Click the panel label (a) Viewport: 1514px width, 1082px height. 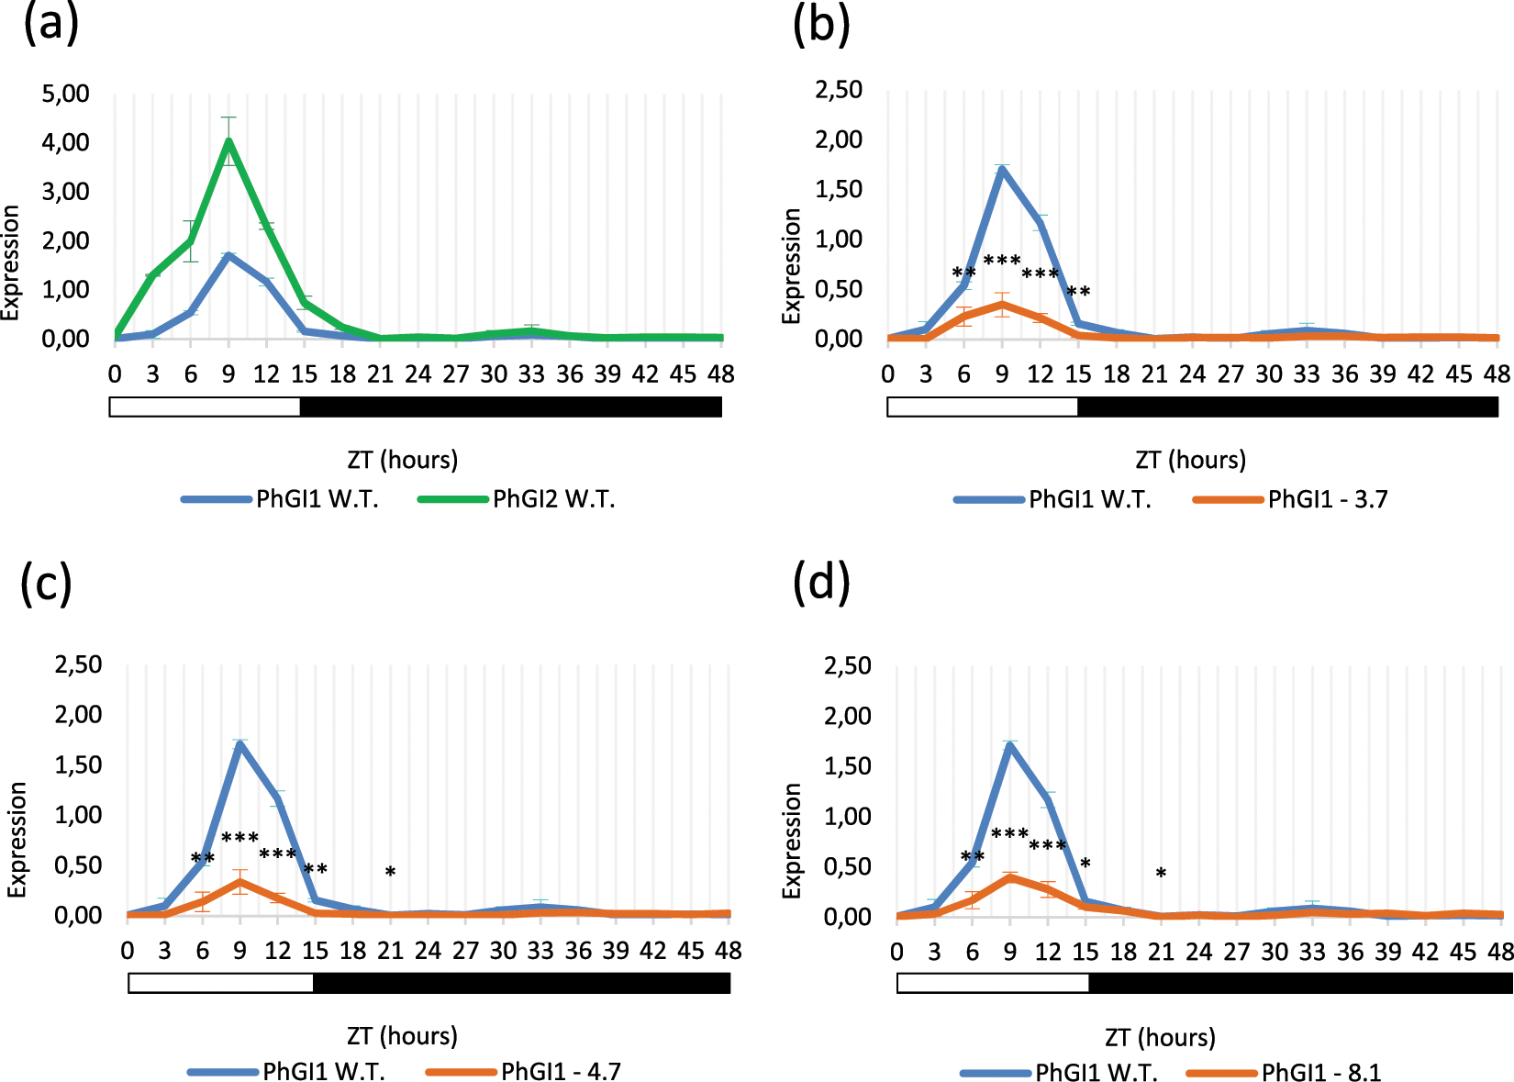tap(50, 23)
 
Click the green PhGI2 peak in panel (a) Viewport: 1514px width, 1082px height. tap(228, 140)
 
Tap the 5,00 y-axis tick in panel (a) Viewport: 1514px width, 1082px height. tap(66, 93)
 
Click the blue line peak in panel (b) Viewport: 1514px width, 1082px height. tap(1002, 168)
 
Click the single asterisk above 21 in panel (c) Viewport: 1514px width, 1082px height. tap(390, 872)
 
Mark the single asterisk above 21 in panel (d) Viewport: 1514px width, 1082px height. tap(1161, 874)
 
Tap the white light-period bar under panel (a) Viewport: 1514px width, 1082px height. tap(205, 407)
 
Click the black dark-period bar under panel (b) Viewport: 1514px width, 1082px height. tap(1287, 407)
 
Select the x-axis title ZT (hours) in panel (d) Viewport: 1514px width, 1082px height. tap(1160, 1037)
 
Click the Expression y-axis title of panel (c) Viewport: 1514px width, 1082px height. tap(17, 839)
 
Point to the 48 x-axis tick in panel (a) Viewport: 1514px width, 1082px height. tap(721, 374)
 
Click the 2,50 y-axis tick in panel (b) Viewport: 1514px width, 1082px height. tap(839, 90)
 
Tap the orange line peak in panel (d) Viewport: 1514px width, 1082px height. tap(1010, 877)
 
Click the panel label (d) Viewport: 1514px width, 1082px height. tap(821, 583)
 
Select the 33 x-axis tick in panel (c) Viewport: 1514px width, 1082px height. tap(540, 951)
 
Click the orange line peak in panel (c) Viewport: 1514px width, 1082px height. tap(239, 882)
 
